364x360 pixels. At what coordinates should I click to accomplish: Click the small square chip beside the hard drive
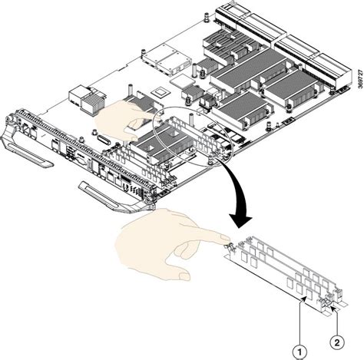(162, 90)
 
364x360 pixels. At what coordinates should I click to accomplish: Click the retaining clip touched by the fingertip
(227, 246)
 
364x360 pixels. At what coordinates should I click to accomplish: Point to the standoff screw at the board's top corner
(208, 16)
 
